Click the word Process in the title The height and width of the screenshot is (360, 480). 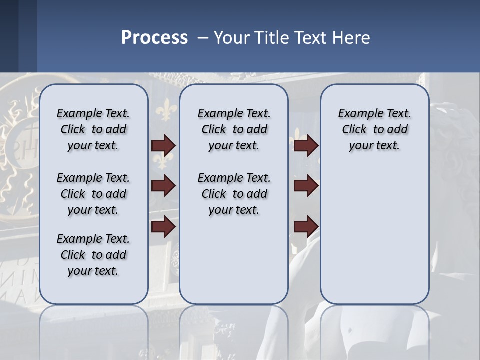pyautogui.click(x=154, y=38)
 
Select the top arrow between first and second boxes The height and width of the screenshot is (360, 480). pyautogui.click(x=163, y=146)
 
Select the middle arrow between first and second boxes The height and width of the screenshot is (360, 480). pyautogui.click(x=163, y=186)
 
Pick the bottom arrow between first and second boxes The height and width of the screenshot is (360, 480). pyautogui.click(x=163, y=227)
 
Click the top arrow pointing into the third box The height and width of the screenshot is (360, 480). pyautogui.click(x=306, y=146)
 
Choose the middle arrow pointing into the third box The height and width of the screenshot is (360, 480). pyautogui.click(x=306, y=186)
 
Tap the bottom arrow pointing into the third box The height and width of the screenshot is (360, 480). pyautogui.click(x=306, y=227)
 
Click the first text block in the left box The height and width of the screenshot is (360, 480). pyautogui.click(x=93, y=129)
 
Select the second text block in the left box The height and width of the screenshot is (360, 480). pyautogui.click(x=93, y=194)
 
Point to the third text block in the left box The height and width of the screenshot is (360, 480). pyautogui.click(x=93, y=255)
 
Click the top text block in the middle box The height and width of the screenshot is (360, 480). pyautogui.click(x=234, y=129)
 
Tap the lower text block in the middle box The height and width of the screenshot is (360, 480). pyautogui.click(x=234, y=194)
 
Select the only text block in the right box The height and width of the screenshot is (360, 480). pyautogui.click(x=374, y=129)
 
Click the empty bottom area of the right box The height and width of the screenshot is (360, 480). pyautogui.click(x=374, y=250)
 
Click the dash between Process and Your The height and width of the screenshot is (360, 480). pyautogui.click(x=203, y=38)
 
